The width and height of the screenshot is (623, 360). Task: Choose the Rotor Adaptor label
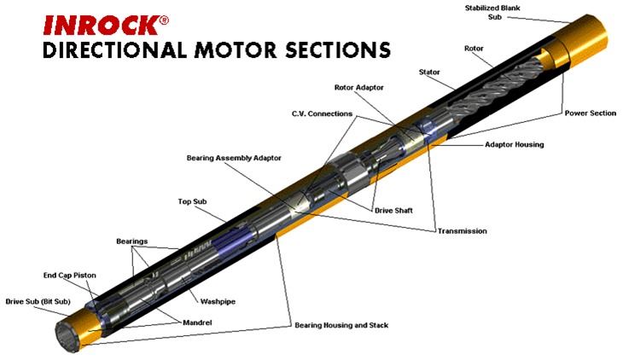click(x=361, y=87)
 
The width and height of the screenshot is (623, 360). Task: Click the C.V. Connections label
click(x=312, y=113)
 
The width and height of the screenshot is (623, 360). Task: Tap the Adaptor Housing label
click(x=515, y=145)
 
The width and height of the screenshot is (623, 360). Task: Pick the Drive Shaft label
click(x=394, y=210)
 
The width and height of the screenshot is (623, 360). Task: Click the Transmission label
click(x=462, y=230)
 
